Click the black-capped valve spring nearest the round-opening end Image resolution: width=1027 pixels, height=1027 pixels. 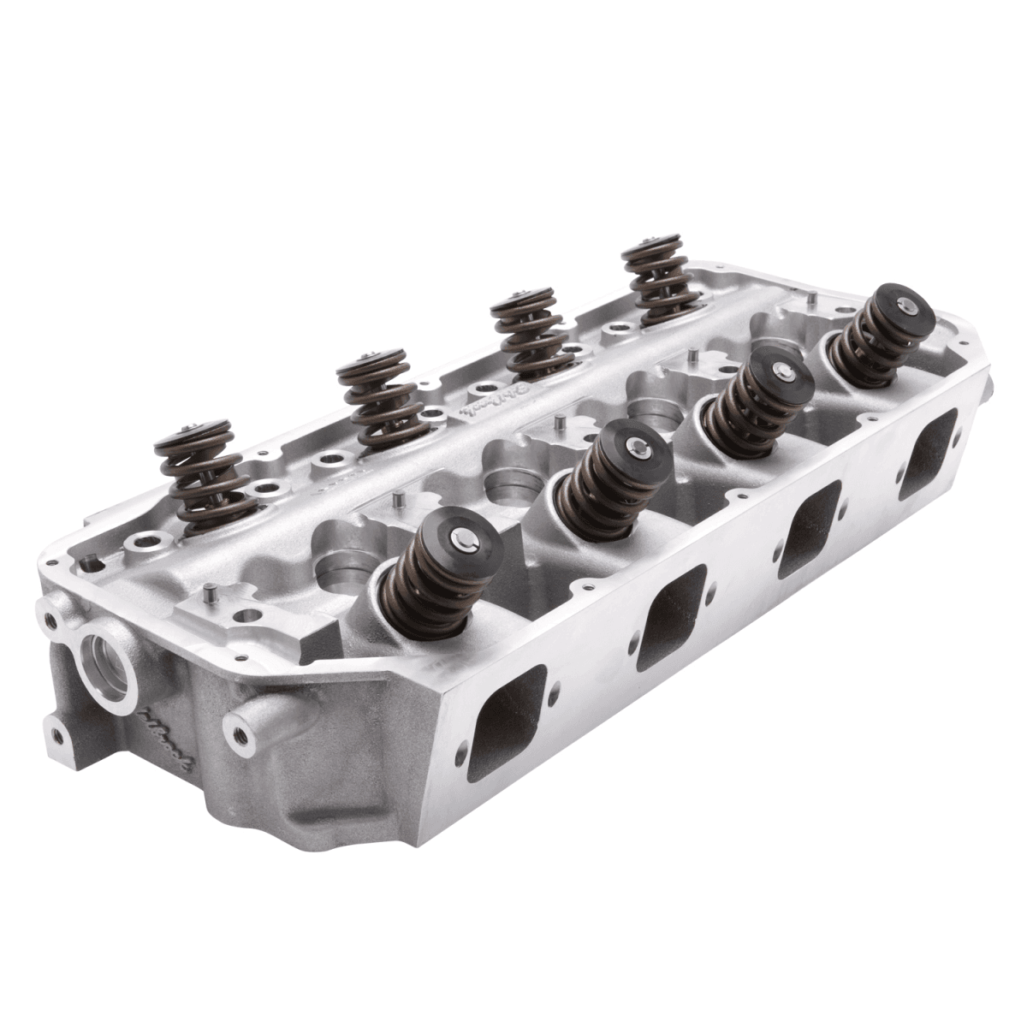(439, 574)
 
